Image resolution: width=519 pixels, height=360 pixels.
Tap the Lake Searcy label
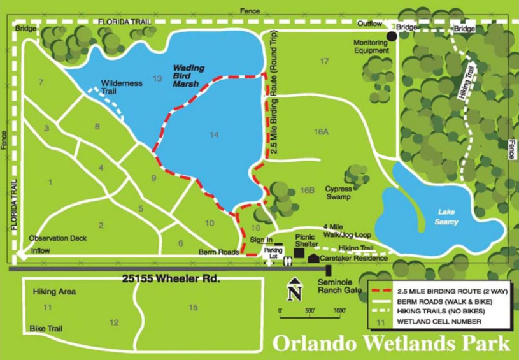446,217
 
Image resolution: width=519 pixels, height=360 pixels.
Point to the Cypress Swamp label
338,192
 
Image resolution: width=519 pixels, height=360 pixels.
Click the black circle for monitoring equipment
392,36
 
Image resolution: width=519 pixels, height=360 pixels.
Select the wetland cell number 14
214,134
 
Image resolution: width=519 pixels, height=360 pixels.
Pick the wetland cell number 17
324,61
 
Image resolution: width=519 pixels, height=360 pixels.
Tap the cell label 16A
321,131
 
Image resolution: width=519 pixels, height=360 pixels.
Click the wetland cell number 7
41,82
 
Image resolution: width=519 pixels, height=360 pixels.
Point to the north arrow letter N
294,294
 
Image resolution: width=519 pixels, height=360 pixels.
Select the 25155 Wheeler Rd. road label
171,279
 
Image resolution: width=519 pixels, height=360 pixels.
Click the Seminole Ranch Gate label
339,286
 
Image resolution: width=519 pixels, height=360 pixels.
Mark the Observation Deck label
57,238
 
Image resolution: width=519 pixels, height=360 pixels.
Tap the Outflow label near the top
369,24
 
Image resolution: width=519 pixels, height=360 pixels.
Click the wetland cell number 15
194,308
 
